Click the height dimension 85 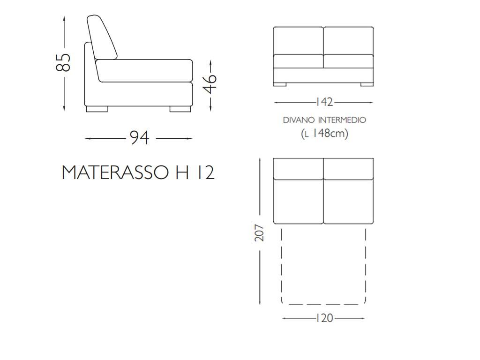tap(63, 63)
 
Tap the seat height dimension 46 tap(210, 83)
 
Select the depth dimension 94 tap(140, 138)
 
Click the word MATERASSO tap(115, 172)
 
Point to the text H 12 tap(195, 172)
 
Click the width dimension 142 tap(324, 102)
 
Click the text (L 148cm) tap(324, 133)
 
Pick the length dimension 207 tap(259, 232)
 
